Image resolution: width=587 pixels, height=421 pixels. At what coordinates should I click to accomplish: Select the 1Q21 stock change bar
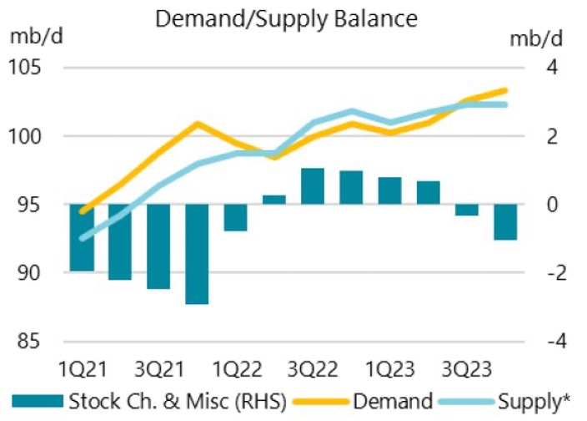(82, 238)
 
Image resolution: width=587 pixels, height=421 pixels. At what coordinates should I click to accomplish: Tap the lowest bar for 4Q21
(197, 254)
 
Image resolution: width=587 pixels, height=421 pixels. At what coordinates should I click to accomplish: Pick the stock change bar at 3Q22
(313, 186)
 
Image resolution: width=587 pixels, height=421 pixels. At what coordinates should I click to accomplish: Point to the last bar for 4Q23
(505, 222)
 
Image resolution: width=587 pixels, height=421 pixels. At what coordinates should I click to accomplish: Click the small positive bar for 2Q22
(274, 200)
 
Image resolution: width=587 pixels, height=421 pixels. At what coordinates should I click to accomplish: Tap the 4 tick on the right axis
(553, 68)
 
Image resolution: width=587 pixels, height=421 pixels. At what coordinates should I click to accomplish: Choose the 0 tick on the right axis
(553, 205)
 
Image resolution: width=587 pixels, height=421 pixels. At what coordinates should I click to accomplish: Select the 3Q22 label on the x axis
(313, 368)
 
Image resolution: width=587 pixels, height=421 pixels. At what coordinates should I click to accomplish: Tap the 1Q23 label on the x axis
(389, 368)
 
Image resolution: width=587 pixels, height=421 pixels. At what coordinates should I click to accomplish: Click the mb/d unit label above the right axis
(541, 38)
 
